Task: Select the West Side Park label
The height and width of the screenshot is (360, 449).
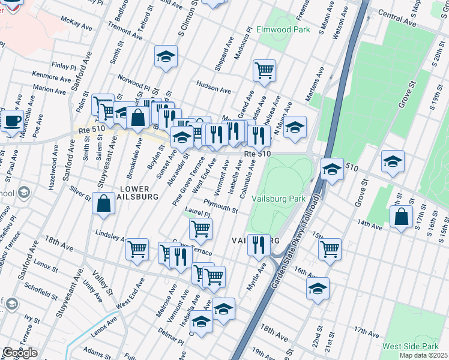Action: [411, 347]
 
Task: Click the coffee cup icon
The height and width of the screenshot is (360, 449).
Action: [11, 121]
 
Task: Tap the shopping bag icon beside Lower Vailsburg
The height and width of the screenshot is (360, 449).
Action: [104, 203]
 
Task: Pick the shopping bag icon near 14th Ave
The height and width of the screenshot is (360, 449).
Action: [401, 217]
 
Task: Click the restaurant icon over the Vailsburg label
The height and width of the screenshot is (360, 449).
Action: [259, 244]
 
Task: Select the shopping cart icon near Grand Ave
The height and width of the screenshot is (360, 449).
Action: [264, 70]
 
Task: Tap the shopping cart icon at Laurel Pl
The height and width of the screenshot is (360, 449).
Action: [200, 228]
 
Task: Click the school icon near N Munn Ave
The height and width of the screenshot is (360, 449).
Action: [295, 127]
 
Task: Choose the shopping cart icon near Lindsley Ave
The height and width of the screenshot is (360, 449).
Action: [137, 248]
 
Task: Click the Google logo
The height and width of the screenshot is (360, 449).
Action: [20, 352]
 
